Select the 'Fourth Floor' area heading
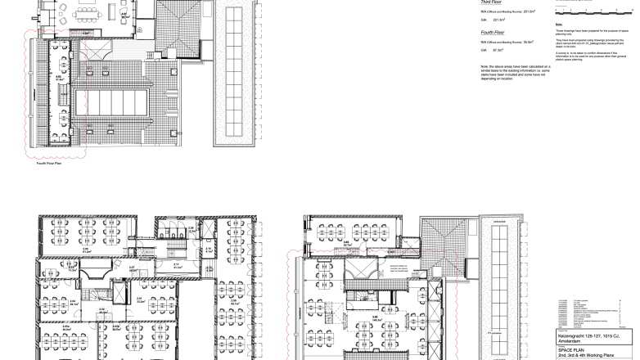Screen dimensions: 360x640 click(x=492, y=33)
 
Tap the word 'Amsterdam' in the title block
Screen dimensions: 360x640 click(x=570, y=340)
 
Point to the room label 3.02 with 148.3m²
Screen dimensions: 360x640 click(x=376, y=318)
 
